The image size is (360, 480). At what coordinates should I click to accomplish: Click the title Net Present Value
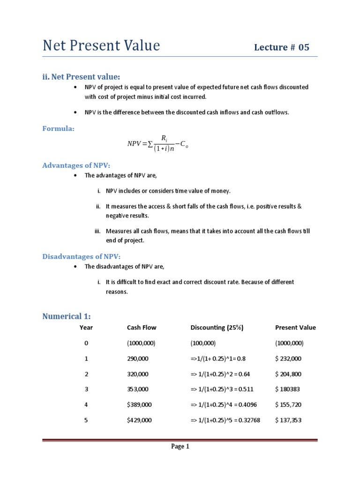(101, 46)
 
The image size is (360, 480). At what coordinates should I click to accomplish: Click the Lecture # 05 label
(281, 47)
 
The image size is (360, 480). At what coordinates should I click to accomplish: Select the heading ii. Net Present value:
(81, 76)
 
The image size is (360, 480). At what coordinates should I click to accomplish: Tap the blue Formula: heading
(59, 128)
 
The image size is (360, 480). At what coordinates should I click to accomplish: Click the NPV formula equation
(158, 144)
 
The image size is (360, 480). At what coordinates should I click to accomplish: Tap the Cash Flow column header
(142, 328)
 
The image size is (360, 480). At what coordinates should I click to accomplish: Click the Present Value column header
(295, 328)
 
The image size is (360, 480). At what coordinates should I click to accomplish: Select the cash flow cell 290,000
(138, 359)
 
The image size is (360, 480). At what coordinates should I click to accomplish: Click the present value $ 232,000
(288, 359)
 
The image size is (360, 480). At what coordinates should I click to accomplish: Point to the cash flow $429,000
(139, 420)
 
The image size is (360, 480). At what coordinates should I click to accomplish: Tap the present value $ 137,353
(288, 420)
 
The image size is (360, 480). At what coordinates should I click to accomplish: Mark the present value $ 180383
(287, 390)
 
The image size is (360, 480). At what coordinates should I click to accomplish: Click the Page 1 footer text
(180, 447)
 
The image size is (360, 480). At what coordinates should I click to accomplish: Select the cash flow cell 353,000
(138, 390)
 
